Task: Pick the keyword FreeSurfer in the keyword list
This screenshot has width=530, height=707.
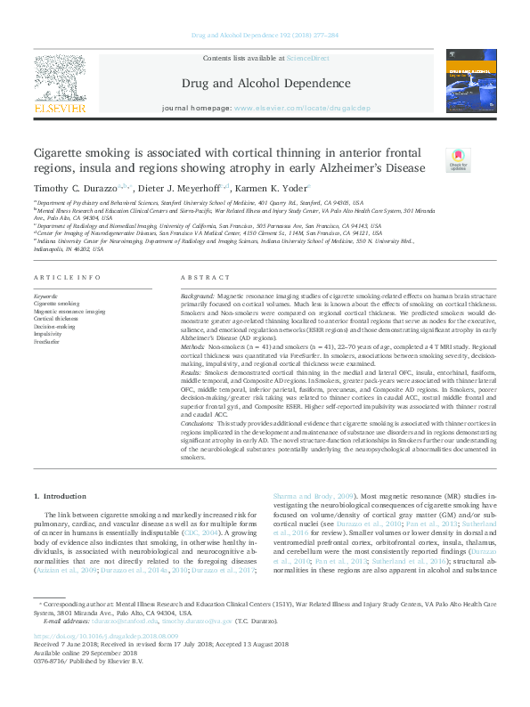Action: (x=46, y=341)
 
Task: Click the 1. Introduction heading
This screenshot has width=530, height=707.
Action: (x=61, y=495)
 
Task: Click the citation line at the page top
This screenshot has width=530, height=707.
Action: (x=265, y=37)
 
